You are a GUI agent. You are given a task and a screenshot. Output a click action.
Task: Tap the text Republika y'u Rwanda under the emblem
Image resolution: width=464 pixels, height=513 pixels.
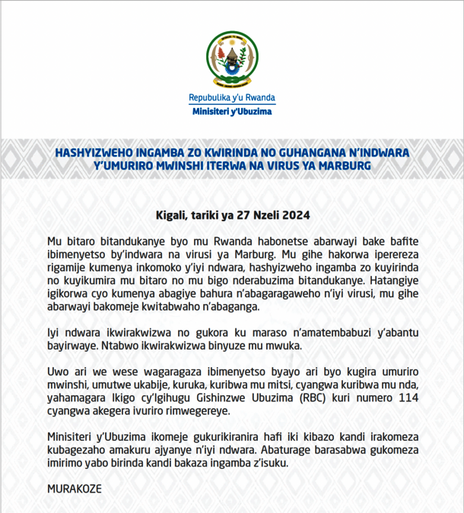tap(232, 99)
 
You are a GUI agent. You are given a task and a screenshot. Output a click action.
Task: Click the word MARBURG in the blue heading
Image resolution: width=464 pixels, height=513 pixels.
tap(342, 166)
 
